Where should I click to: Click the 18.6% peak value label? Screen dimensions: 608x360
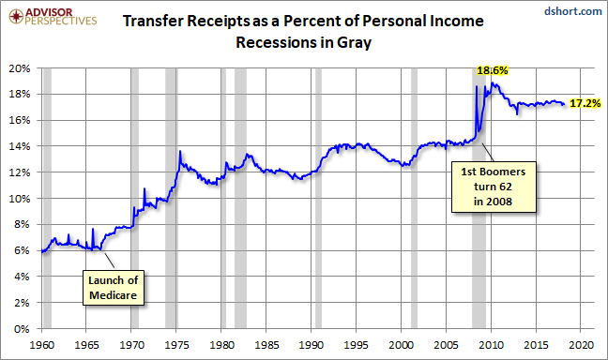point(492,70)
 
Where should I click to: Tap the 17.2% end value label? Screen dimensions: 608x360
point(585,103)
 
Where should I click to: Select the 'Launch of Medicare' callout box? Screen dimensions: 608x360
point(114,288)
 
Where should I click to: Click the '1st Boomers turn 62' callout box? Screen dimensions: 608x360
point(494,187)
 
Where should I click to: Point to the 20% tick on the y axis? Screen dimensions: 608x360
point(20,68)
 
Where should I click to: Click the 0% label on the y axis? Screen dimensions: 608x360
point(22,329)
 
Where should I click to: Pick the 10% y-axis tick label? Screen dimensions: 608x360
point(20,199)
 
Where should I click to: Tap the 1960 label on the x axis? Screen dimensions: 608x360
point(42,344)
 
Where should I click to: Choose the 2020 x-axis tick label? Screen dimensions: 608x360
point(581,344)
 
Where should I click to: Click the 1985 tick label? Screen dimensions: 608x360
point(266,344)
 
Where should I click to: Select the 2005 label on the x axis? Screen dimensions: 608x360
point(446,344)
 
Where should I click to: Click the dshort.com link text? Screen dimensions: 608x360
point(573,11)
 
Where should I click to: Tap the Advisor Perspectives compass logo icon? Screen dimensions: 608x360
point(16,16)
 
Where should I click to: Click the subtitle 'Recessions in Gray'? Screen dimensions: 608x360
point(304,42)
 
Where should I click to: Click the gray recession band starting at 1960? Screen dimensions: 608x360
point(47,199)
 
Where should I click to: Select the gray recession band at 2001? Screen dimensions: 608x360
point(414,199)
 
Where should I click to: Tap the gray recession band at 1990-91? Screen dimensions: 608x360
point(318,199)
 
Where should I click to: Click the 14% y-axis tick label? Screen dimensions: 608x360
point(20,146)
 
